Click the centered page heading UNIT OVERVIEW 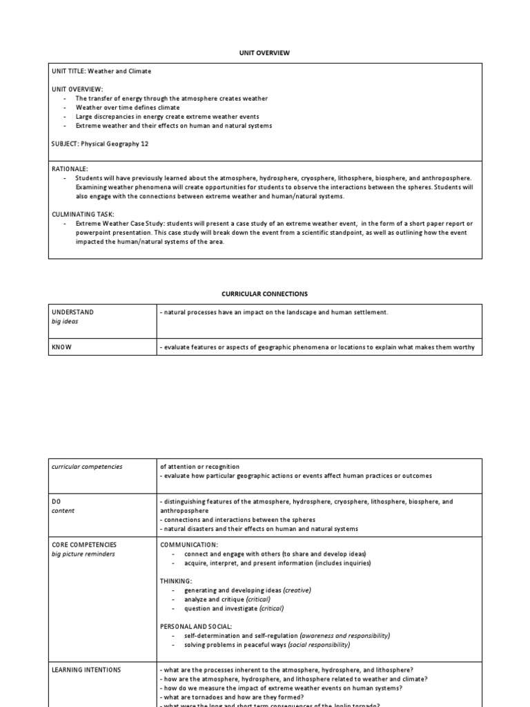pyautogui.click(x=265, y=52)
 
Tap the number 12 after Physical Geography pyautogui.click(x=144, y=144)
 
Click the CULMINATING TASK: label pyautogui.click(x=82, y=215)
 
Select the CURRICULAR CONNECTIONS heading pyautogui.click(x=265, y=294)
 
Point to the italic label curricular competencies pyautogui.click(x=87, y=467)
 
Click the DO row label pyautogui.click(x=57, y=502)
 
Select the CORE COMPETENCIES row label pyautogui.click(x=84, y=545)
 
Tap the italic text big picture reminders pyautogui.click(x=84, y=554)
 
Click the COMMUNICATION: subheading pyautogui.click(x=189, y=545)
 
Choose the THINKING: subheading pyautogui.click(x=176, y=581)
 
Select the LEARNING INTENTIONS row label pyautogui.click(x=86, y=670)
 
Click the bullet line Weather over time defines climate pyautogui.click(x=128, y=108)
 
